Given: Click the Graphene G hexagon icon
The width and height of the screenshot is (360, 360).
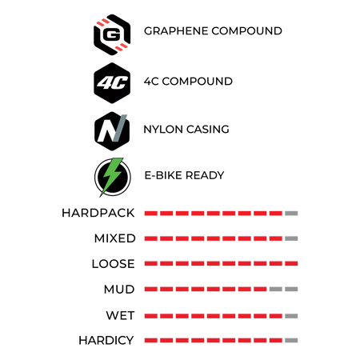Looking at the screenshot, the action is coord(112,34).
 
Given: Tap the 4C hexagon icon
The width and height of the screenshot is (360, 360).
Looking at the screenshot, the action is coord(112,83).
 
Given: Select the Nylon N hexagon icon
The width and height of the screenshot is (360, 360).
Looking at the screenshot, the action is coord(112,131).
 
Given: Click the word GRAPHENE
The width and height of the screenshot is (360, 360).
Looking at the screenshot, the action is coord(176,31).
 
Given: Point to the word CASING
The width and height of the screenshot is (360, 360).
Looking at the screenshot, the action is coord(208,130).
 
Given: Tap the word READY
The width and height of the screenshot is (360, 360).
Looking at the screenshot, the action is coord(205,175).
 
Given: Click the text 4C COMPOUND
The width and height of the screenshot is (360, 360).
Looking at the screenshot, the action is coord(188,82).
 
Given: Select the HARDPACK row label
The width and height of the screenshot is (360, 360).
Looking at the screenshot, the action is coord(98,213).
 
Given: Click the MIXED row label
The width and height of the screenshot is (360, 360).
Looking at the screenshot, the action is coord(115,238).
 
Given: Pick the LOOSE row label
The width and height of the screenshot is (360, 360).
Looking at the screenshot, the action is coord(114,264).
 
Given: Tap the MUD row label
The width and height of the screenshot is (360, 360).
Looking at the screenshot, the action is coord(119,290).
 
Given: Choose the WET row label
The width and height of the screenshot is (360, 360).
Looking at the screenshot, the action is coord(120,315).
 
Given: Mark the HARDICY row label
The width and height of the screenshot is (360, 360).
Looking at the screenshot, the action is coord(106,341).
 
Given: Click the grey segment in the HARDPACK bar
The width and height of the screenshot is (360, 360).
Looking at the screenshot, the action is coord(291,214).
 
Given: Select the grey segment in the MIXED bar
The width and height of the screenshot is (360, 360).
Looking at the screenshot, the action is coord(291,238).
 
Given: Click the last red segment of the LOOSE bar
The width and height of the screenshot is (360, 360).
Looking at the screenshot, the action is coord(291,264).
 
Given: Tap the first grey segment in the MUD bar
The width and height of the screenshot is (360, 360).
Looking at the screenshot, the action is coord(276,289).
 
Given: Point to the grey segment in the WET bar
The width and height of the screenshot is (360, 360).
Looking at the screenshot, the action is coord(291,316).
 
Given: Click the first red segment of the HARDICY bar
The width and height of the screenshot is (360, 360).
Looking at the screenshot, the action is coord(151,340).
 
